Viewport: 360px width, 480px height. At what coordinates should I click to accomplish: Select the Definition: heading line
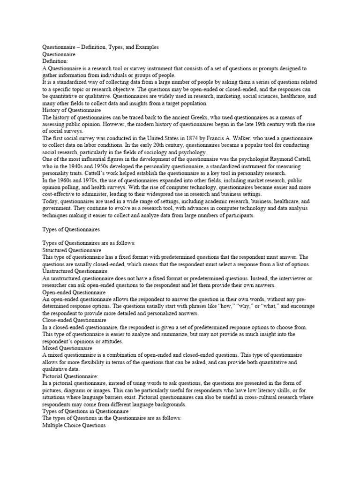click(55, 61)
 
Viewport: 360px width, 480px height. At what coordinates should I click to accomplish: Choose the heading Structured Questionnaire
click(72, 251)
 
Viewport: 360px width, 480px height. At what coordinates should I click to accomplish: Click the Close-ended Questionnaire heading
click(74, 320)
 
